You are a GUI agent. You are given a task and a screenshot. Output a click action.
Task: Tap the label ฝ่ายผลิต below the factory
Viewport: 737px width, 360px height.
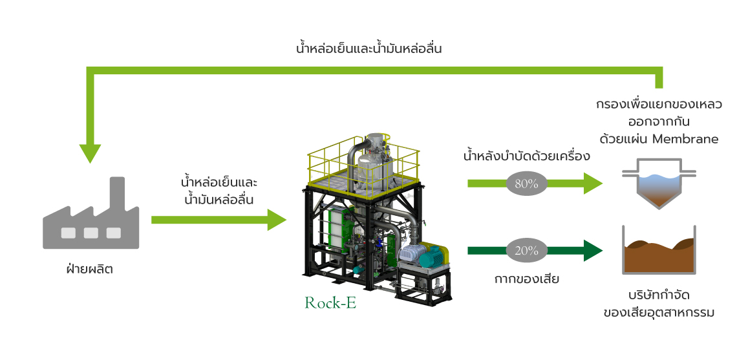(x=90, y=269)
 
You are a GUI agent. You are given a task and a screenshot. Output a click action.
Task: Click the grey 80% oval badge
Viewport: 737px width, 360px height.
(x=526, y=184)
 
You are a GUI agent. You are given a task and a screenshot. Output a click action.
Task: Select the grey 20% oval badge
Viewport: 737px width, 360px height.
(x=526, y=251)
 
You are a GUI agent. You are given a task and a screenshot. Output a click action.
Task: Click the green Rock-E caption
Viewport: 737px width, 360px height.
(x=330, y=303)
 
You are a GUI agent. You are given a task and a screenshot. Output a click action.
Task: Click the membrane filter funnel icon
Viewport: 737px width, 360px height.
(x=659, y=184)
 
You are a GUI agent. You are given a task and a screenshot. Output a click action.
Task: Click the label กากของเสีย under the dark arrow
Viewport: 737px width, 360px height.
(x=526, y=279)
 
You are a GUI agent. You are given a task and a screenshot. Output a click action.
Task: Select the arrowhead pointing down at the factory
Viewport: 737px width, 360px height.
(x=90, y=153)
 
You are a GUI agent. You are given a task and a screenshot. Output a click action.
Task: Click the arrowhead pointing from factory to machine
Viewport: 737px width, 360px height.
(x=277, y=220)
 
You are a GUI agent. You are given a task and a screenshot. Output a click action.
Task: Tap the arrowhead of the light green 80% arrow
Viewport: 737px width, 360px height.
(x=593, y=184)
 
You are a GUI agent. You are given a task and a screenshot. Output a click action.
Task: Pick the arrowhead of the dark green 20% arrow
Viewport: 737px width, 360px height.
(x=593, y=251)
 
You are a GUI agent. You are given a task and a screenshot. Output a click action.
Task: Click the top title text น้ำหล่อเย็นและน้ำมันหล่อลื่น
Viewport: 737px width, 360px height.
(x=369, y=48)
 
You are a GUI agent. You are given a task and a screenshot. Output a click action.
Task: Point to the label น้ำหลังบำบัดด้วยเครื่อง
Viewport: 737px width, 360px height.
(x=526, y=156)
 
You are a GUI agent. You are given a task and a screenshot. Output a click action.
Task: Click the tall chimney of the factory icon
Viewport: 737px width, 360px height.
(x=118, y=194)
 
